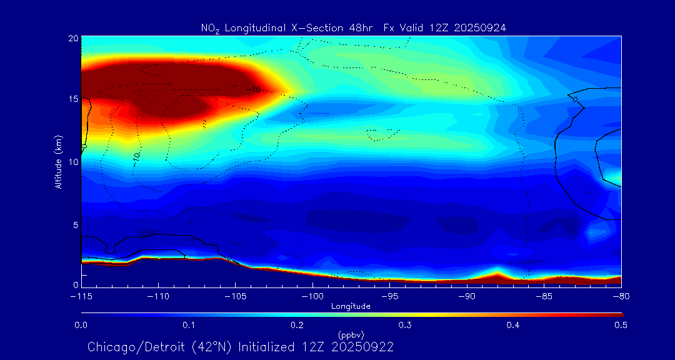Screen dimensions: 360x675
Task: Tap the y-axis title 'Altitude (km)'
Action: click(58, 161)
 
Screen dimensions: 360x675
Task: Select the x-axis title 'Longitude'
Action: click(351, 306)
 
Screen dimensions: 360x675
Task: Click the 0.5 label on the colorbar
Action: click(621, 325)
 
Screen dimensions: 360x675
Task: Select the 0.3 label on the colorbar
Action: click(405, 325)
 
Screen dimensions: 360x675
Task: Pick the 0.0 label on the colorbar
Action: click(81, 325)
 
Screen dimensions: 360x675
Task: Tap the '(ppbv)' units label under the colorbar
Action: click(351, 334)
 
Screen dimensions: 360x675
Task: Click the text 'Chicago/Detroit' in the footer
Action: click(131, 347)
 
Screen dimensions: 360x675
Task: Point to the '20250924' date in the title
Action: click(481, 27)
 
